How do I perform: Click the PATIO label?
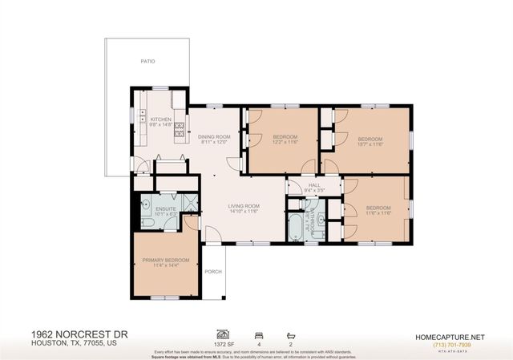click(x=147, y=60)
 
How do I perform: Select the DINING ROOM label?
click(x=214, y=137)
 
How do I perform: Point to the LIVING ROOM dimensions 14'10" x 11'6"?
click(x=246, y=211)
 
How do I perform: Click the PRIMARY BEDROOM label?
click(x=166, y=261)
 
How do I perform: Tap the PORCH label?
click(x=213, y=272)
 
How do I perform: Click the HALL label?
click(x=314, y=185)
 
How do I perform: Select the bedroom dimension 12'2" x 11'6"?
click(x=285, y=143)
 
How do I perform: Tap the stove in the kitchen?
click(x=179, y=125)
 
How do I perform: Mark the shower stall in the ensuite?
click(x=189, y=203)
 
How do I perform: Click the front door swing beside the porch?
click(x=212, y=235)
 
